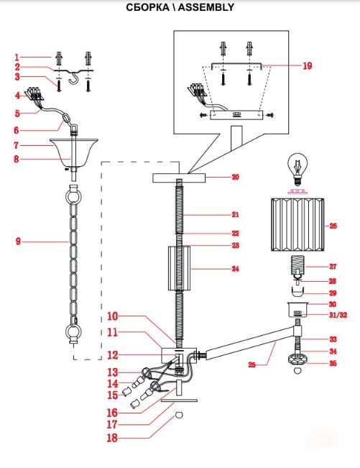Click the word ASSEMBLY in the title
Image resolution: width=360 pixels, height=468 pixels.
[x=206, y=7]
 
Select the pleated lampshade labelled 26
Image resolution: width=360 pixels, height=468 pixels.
[x=297, y=225]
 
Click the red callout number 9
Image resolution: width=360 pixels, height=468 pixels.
[x=18, y=241]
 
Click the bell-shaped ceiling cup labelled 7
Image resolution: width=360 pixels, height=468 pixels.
[x=74, y=152]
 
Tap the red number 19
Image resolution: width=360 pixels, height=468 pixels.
[x=308, y=65]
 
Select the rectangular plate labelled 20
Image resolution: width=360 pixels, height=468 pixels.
[x=180, y=178]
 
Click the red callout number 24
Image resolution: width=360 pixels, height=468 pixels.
[x=235, y=269]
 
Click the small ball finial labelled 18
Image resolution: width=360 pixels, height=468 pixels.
[x=179, y=415]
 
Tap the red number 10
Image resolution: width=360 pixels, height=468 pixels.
[x=113, y=316]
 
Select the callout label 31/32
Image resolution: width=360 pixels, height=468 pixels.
[x=338, y=315]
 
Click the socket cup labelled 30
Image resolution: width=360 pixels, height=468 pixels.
[x=297, y=310]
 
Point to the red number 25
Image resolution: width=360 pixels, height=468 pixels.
[x=252, y=364]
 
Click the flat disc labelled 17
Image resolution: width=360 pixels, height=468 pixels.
[x=179, y=400]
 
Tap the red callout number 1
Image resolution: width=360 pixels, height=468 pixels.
[x=17, y=57]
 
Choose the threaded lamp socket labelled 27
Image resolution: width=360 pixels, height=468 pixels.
[x=297, y=264]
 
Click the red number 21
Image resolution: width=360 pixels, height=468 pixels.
[x=235, y=214]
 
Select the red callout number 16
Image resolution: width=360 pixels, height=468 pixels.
[x=112, y=413]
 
